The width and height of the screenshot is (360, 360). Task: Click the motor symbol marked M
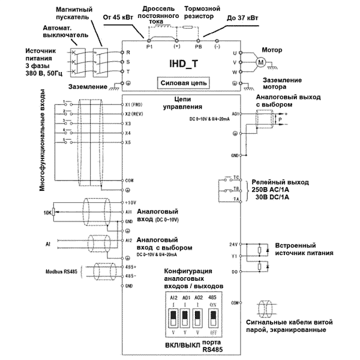261,61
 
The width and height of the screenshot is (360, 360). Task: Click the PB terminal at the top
198,46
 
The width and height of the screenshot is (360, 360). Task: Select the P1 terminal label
150,46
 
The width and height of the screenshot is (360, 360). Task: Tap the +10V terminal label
132,203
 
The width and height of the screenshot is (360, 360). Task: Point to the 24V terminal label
235,245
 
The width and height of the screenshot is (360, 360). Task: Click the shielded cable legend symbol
263,306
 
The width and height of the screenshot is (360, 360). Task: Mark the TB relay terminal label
237,188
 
